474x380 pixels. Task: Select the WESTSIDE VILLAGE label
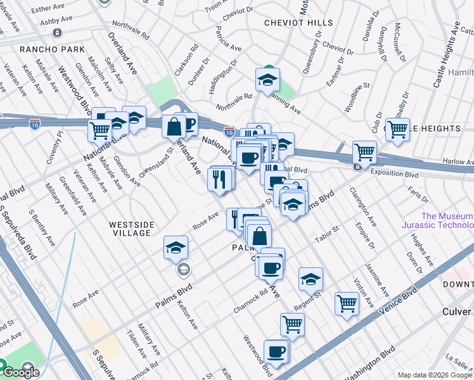point(130,229)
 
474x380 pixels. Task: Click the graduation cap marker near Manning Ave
point(268,80)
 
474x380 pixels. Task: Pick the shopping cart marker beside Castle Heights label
point(397,129)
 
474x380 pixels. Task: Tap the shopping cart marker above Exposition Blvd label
point(364,152)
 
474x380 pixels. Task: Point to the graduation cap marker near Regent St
point(311,279)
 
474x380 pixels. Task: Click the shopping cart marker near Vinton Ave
point(347,304)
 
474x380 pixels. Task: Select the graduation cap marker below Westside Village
point(176,248)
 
